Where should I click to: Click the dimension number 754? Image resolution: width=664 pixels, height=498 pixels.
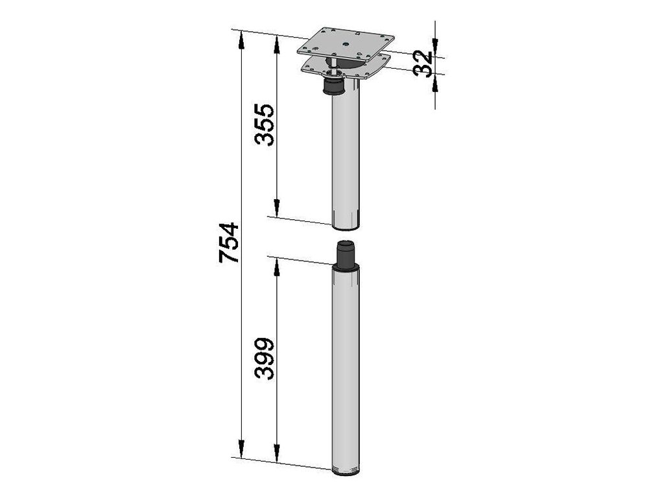click(x=229, y=243)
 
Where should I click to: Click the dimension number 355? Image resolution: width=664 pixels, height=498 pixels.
click(x=265, y=124)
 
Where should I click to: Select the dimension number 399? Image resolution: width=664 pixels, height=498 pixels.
click(x=265, y=358)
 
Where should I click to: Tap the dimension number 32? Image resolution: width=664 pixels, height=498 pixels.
click(x=423, y=64)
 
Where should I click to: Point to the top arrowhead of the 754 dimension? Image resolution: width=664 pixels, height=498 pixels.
click(x=241, y=40)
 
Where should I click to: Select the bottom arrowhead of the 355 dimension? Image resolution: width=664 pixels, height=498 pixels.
click(x=276, y=208)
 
